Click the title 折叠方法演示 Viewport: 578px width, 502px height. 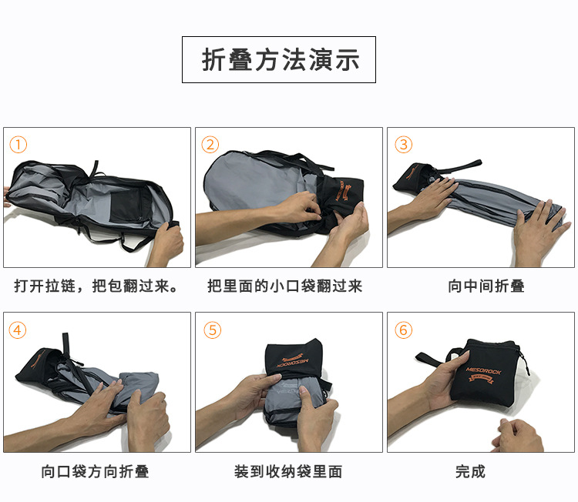tap(279, 60)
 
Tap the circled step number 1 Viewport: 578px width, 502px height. tap(18, 145)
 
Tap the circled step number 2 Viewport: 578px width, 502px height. tap(210, 145)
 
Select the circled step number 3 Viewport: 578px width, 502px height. tap(403, 145)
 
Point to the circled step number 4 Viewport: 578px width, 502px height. tap(18, 330)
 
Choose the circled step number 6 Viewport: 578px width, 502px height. tap(403, 330)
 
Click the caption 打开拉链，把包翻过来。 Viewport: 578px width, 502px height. tap(97, 286)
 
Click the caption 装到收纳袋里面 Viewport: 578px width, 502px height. tap(288, 471)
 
